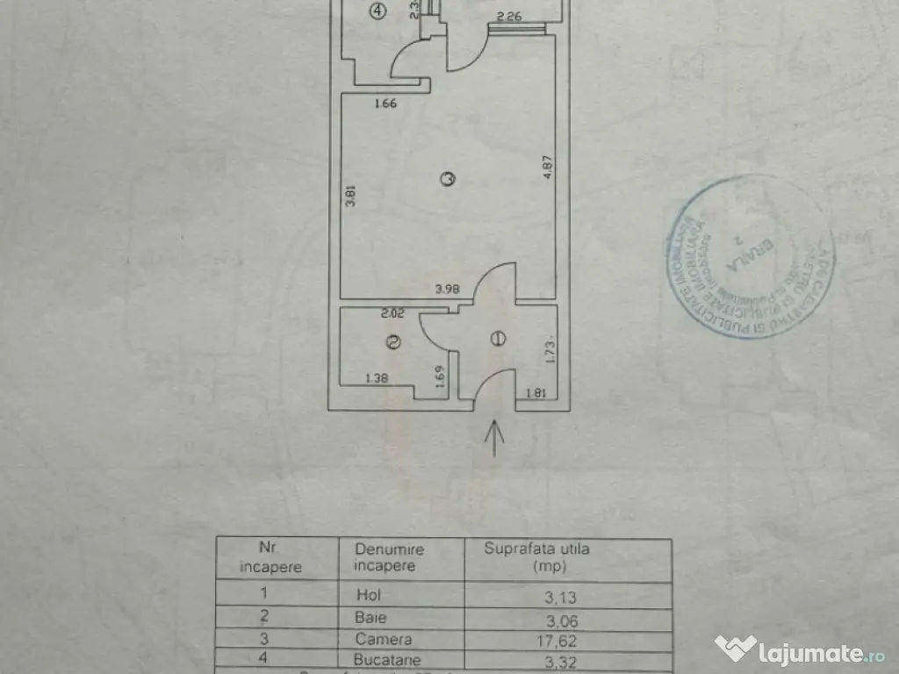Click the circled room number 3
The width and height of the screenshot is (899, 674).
(448, 179)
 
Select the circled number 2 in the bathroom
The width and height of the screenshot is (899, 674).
(393, 342)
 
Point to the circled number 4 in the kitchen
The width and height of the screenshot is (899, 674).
(377, 11)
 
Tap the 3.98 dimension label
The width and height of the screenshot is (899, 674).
(448, 287)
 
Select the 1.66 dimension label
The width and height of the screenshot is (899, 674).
(385, 104)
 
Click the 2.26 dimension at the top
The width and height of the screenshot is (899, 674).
(510, 16)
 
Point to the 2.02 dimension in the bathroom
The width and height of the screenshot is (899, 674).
(392, 312)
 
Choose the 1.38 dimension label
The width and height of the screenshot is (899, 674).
(378, 379)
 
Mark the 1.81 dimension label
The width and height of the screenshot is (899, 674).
(536, 392)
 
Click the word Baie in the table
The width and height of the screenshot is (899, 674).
(370, 617)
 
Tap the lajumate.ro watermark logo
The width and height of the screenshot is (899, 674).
(798, 650)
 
